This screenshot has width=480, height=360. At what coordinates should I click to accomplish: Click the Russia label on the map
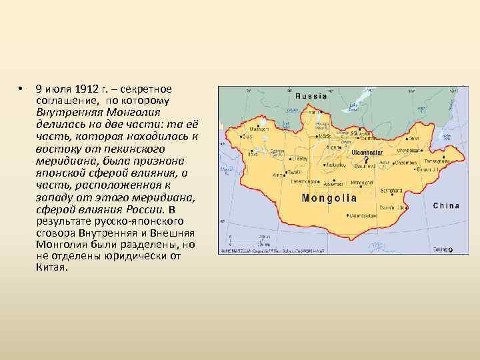(x=311, y=95)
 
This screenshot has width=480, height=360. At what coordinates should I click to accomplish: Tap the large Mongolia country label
(x=329, y=198)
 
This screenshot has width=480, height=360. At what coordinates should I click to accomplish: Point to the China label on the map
(x=446, y=206)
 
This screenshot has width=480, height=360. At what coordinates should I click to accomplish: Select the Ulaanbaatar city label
(x=367, y=153)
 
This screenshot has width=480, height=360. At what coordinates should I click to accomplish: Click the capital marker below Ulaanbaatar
(x=365, y=160)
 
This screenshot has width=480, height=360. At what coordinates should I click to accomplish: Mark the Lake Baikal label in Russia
(x=354, y=106)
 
